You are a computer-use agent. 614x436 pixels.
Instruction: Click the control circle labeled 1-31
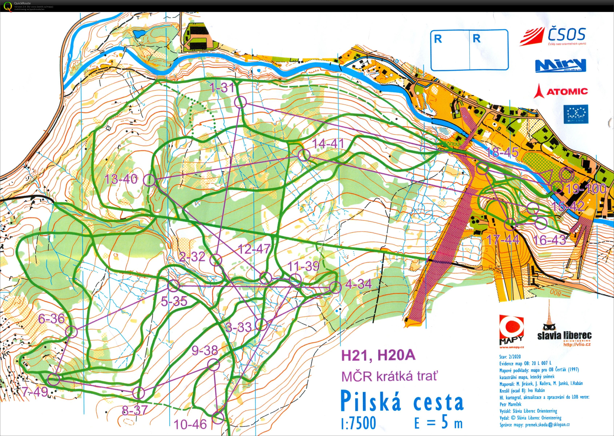coord(240,102)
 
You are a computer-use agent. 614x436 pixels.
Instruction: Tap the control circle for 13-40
coord(149,180)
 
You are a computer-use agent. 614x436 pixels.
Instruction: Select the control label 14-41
coord(328,144)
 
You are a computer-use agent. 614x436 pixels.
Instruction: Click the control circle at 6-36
coord(72,332)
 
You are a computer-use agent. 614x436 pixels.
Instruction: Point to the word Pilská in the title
coord(371,401)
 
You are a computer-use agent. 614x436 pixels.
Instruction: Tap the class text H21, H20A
coord(378,355)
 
